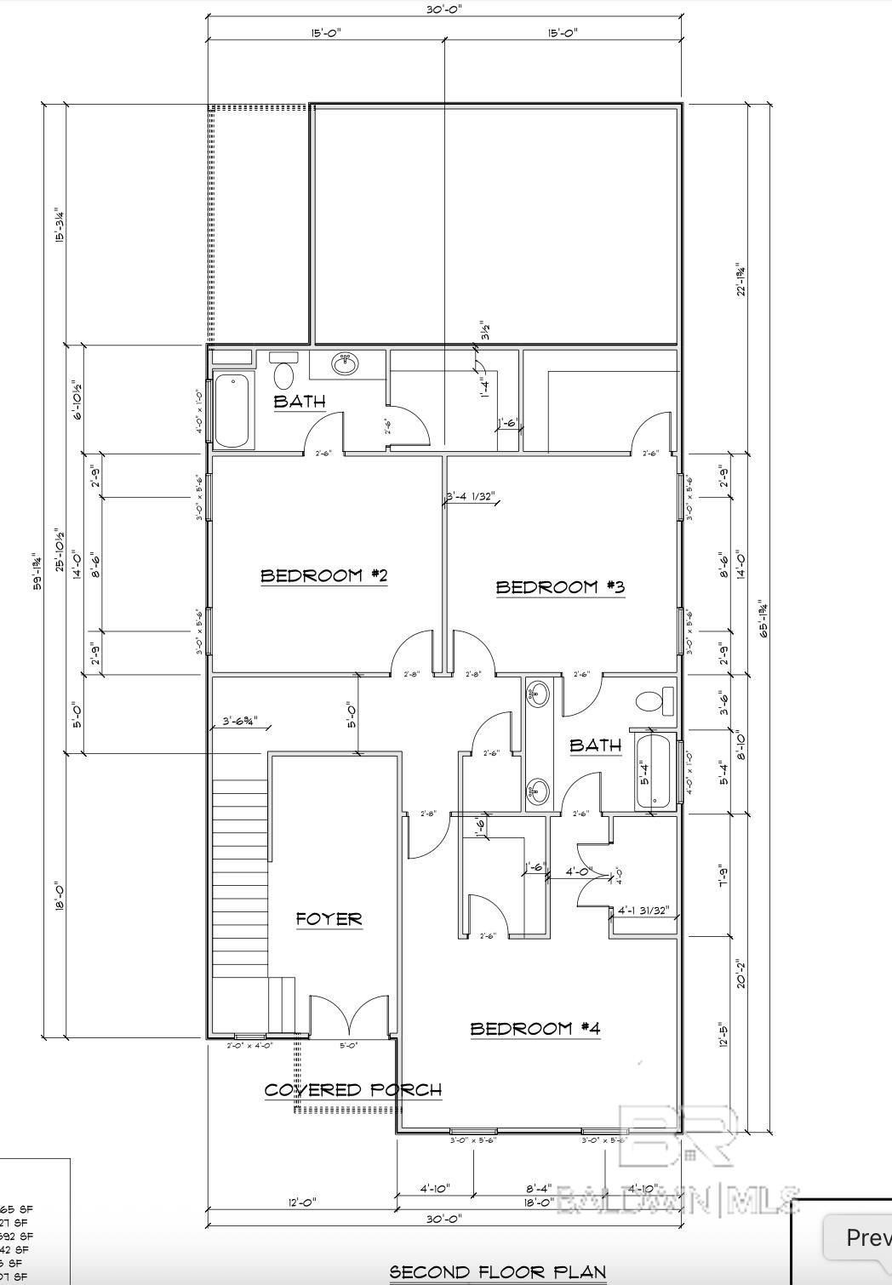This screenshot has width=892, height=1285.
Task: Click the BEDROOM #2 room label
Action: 323,576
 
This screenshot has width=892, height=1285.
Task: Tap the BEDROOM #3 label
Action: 560,587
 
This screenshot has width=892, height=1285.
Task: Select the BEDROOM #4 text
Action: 535,1029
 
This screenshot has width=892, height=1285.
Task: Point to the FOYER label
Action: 329,919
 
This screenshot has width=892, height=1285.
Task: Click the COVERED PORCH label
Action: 352,1090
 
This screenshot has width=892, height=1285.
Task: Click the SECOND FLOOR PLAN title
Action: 497,1272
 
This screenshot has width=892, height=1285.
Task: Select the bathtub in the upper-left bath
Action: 232,410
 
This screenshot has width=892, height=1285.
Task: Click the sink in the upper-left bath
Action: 345,363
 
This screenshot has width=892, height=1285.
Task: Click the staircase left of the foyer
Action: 240,885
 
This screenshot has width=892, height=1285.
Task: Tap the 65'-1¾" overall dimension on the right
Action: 764,619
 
